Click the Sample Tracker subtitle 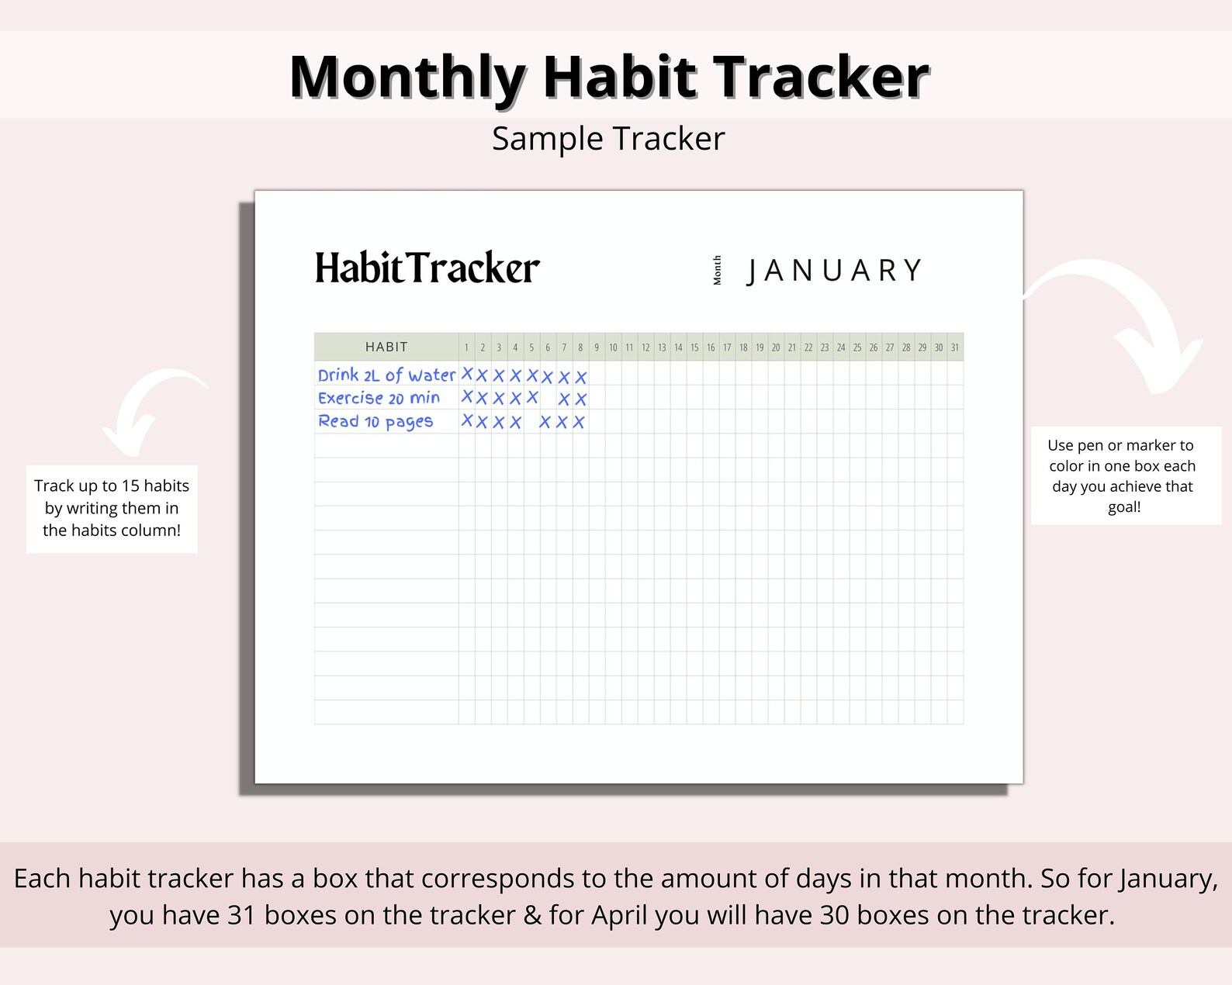click(608, 139)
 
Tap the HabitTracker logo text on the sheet click(427, 268)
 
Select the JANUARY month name click(835, 271)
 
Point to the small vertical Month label click(718, 270)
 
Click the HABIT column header click(386, 347)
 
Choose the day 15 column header click(694, 347)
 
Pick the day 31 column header click(955, 347)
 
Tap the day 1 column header click(466, 347)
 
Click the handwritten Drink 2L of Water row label click(386, 375)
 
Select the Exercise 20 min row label click(379, 399)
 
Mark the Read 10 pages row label click(375, 422)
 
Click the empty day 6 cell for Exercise click(548, 399)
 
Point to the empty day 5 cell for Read click(531, 422)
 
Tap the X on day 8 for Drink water click(581, 377)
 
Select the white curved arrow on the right click(1125, 318)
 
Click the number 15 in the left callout click(130, 486)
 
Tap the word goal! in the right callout click(1124, 507)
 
